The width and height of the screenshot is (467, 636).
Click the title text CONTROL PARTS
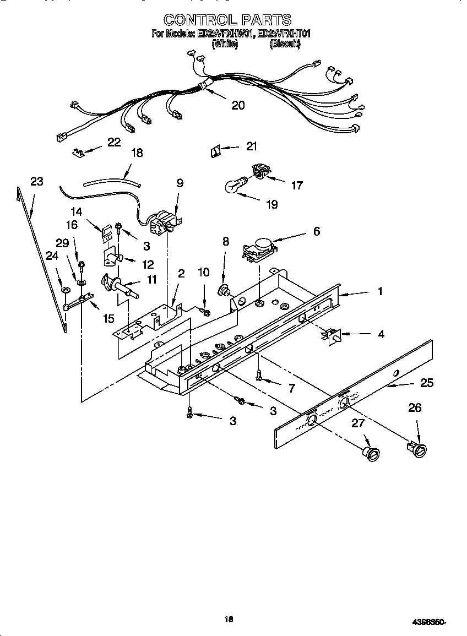pyautogui.click(x=227, y=20)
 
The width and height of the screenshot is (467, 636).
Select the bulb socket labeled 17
pyautogui.click(x=259, y=172)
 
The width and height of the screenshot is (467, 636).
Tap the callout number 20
pyautogui.click(x=238, y=105)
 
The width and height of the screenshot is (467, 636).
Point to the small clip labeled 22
pyautogui.click(x=79, y=151)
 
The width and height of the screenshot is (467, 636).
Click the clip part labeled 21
pyautogui.click(x=215, y=150)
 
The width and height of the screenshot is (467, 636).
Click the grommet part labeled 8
pyautogui.click(x=225, y=290)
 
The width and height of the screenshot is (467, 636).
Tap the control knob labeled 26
pyautogui.click(x=416, y=449)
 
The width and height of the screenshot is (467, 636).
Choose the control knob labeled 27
pyautogui.click(x=370, y=453)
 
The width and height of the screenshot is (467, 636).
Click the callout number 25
pyautogui.click(x=427, y=383)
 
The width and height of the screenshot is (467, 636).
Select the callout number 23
pyautogui.click(x=36, y=181)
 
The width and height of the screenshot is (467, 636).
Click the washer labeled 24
pyautogui.click(x=65, y=290)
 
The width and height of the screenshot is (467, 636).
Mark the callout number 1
pyautogui.click(x=379, y=291)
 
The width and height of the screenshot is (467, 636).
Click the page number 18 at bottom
pyautogui.click(x=229, y=619)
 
